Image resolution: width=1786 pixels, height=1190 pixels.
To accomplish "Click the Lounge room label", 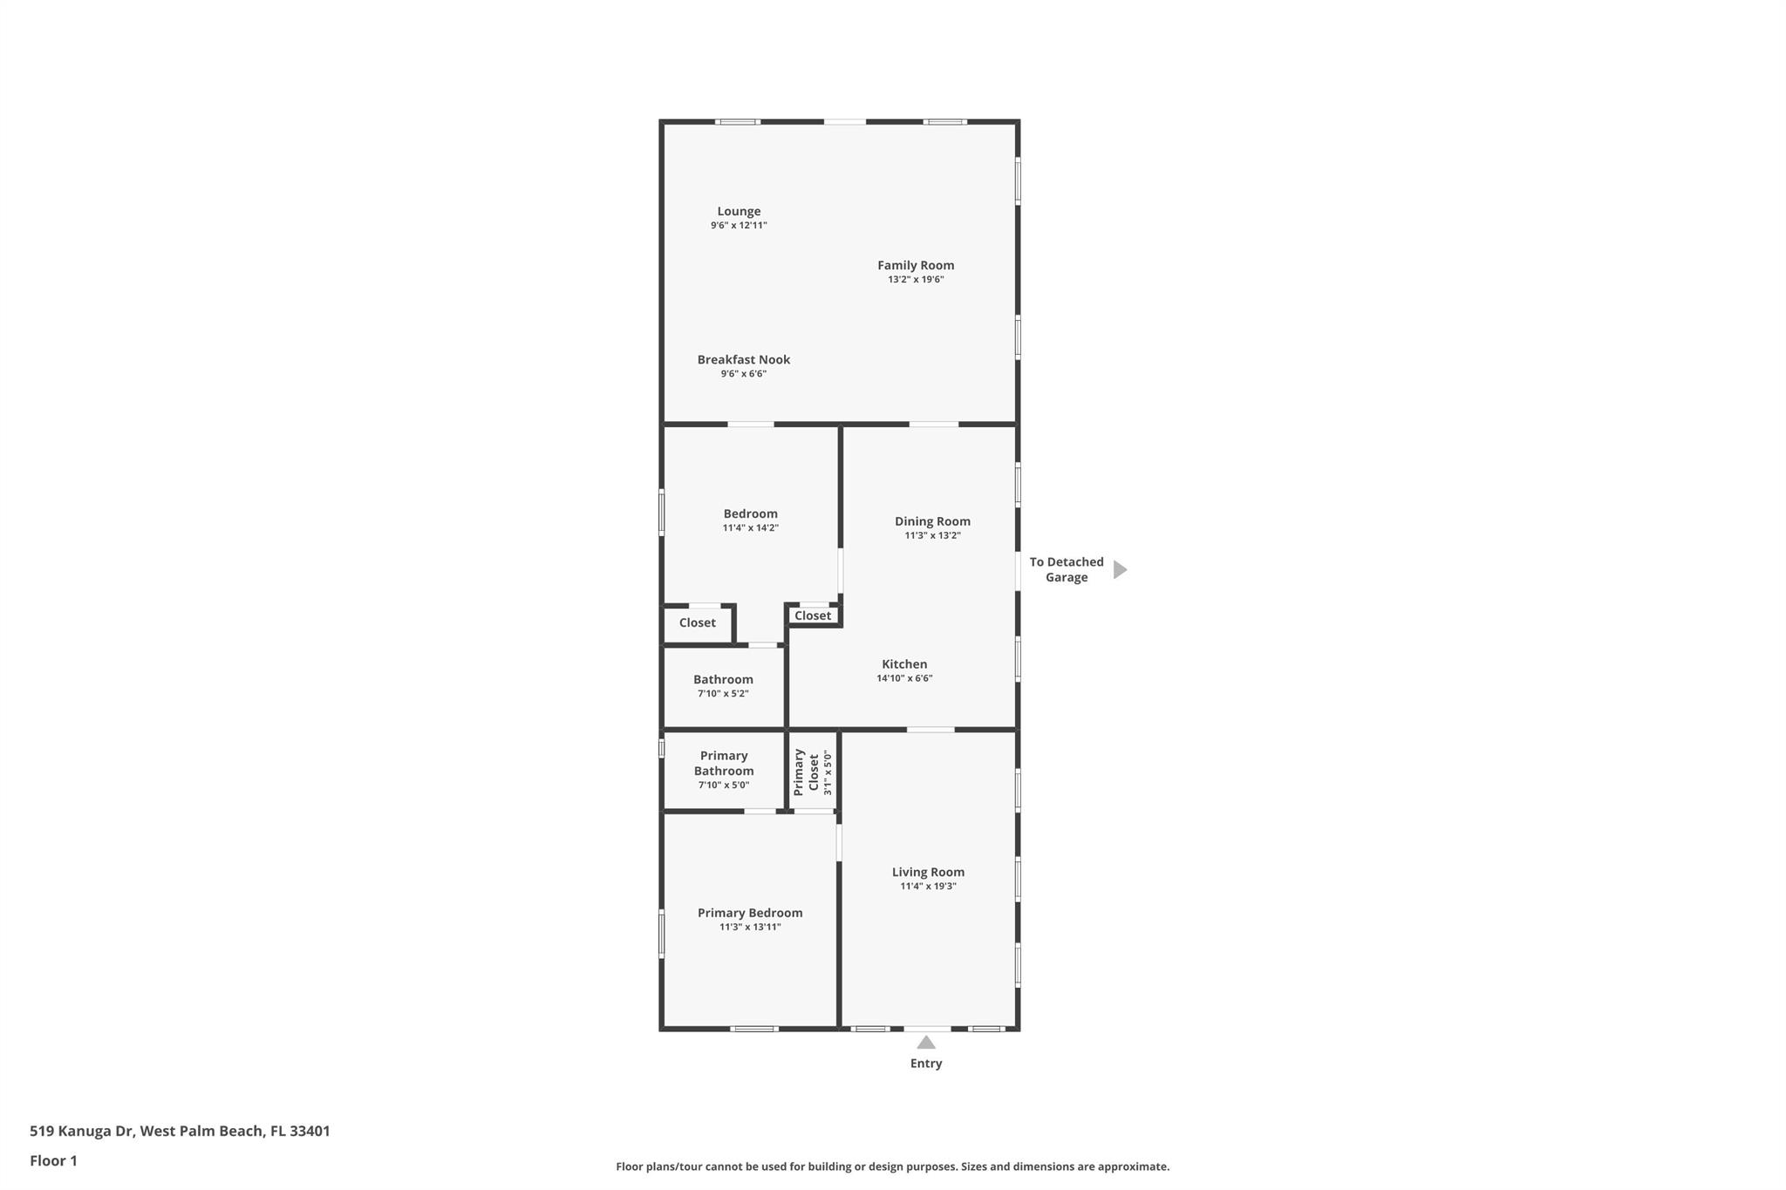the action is pos(739,211).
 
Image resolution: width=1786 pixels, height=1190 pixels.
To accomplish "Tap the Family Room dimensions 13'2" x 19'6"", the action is pos(916,280).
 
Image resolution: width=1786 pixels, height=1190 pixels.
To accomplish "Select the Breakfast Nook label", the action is pos(744,359).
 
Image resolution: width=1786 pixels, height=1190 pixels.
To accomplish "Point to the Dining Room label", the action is pos(932,521).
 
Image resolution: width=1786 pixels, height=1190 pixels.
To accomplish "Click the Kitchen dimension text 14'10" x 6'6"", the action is pos(904,678).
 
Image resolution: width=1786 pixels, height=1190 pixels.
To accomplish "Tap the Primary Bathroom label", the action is pos(724,763).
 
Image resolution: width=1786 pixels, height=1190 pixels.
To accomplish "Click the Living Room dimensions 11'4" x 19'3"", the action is pos(928,887).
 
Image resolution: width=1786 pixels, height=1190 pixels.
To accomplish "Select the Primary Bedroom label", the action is pos(750,913).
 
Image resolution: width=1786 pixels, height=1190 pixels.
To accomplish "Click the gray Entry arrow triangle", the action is pos(926,1043).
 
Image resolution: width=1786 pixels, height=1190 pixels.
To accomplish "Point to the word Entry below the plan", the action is pos(926,1064).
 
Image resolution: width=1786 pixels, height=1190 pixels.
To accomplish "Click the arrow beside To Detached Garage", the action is pos(1121,569).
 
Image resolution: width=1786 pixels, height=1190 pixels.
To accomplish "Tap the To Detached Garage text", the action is pos(1067,569).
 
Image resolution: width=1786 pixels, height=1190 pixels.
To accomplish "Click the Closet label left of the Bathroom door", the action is pos(697,622).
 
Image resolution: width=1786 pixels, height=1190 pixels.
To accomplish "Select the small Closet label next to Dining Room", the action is pos(813,615).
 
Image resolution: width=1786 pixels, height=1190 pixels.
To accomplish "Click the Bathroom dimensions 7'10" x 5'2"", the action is pos(723,694).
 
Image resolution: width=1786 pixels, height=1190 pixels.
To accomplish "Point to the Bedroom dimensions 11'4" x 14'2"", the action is pos(750,528).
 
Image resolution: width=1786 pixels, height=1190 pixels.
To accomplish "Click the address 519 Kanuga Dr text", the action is pos(81,1131).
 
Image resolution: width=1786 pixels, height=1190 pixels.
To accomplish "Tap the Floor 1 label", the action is pos(53,1160).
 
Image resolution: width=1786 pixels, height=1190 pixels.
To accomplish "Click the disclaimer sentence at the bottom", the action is pos(893,1166).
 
